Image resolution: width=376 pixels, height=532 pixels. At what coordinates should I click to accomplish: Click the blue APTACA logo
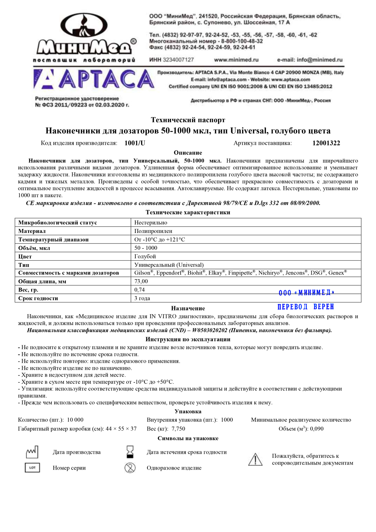(94, 79)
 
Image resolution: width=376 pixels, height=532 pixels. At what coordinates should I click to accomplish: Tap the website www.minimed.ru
(236, 60)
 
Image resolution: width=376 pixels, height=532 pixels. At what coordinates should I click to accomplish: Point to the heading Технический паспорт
(188, 120)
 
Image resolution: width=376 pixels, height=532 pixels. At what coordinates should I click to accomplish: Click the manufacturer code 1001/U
(135, 143)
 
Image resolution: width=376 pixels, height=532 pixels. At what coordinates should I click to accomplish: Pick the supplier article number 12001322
(326, 143)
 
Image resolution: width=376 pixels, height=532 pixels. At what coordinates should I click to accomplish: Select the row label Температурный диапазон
(53, 240)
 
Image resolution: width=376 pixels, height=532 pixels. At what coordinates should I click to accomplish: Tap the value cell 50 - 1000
(146, 248)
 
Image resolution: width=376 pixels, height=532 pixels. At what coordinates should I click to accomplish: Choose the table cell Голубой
(145, 257)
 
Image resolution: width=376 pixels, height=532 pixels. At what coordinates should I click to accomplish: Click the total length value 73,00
(141, 281)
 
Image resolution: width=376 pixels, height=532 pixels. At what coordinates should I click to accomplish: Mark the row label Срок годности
(38, 298)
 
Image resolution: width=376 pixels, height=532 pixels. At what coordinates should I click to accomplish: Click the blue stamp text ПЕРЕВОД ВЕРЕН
(306, 307)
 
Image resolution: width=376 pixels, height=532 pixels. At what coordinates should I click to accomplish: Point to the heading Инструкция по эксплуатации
(188, 339)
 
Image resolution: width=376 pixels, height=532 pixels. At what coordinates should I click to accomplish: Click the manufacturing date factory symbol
(32, 452)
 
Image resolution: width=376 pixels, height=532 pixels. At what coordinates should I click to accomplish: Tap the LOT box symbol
(32, 468)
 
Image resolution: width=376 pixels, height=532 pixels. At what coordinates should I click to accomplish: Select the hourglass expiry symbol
(130, 451)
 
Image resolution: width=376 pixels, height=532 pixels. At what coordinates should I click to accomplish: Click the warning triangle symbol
(255, 459)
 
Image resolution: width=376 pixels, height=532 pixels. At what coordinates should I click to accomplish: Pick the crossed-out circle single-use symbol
(130, 468)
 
